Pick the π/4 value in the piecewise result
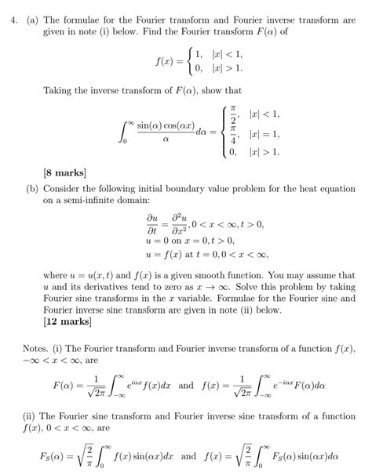point(233,133)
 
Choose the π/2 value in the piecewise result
point(233,114)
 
